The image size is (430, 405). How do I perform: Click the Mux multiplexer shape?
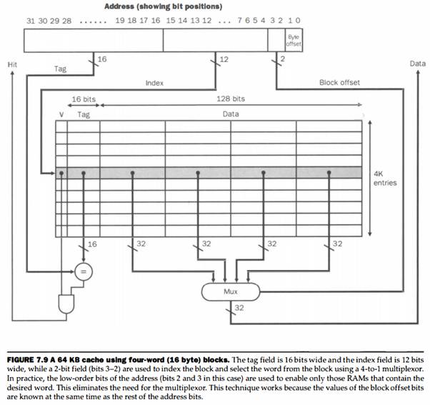click(230, 291)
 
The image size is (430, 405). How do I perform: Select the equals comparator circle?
click(84, 271)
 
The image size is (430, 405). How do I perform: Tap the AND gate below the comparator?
click(66, 304)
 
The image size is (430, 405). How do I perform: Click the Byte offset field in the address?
click(294, 40)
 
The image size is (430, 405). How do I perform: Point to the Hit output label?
click(12, 64)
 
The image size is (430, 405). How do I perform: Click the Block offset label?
click(339, 83)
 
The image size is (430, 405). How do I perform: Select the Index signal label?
click(154, 83)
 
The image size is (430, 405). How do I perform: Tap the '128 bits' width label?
click(231, 99)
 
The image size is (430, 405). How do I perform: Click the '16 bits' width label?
click(84, 99)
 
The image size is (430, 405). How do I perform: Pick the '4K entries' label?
click(385, 179)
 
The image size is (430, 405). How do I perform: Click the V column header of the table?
click(61, 114)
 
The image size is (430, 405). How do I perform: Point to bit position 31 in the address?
click(31, 21)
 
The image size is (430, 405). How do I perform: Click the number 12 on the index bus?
click(224, 59)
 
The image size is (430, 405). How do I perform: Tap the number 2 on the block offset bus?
click(283, 59)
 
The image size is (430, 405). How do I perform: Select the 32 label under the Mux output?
click(239, 308)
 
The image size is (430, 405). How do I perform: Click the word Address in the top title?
click(119, 6)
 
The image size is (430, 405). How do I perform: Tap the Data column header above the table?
click(231, 114)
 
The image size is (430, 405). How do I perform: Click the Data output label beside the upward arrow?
click(418, 64)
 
